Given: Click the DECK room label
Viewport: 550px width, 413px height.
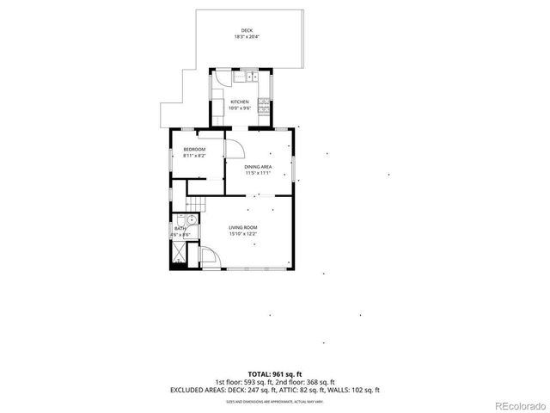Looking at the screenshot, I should (x=247, y=31).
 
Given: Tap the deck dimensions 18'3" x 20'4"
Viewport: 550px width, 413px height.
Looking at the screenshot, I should (x=247, y=37).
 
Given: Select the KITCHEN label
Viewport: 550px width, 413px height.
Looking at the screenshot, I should (x=239, y=102).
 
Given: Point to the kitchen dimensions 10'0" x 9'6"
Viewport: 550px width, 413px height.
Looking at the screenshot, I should (x=239, y=108).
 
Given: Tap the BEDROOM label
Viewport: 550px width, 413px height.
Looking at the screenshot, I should (x=194, y=151).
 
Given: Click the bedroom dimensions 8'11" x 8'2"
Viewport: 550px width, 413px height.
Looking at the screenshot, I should (x=194, y=157).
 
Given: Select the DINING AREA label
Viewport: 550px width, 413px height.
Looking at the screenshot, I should (x=258, y=167).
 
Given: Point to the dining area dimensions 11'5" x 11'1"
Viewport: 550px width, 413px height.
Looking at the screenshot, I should (x=258, y=173).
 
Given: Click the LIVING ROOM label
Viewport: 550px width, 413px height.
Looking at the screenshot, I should (x=243, y=227).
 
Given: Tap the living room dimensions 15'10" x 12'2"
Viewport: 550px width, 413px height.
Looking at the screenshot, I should (x=243, y=233).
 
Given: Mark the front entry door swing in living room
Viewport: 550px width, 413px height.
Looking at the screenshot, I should (x=209, y=257).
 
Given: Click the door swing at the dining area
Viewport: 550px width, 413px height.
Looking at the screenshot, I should (x=233, y=145).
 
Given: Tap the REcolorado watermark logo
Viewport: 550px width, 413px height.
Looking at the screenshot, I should (x=517, y=405).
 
